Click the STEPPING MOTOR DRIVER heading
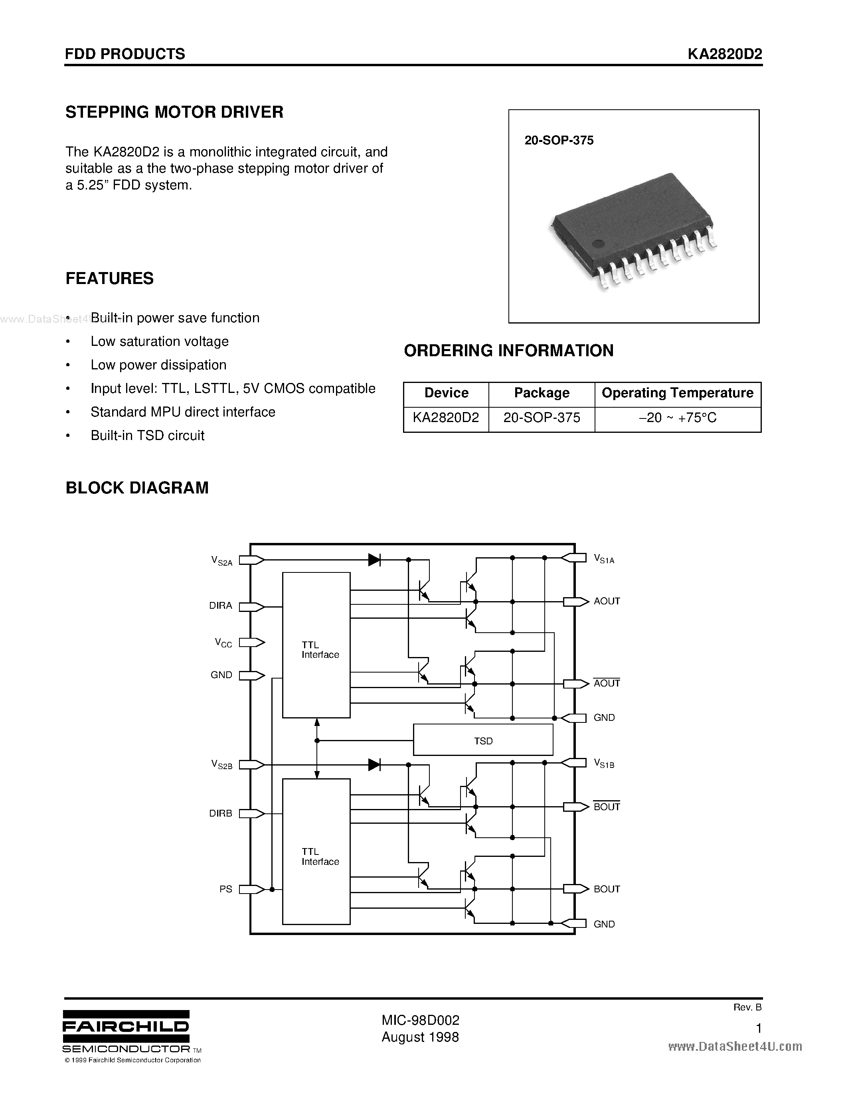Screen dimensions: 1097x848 click(174, 112)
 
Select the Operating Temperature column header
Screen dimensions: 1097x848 click(677, 393)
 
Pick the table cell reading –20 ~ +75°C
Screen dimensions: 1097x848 click(677, 417)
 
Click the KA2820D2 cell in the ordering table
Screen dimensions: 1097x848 click(446, 417)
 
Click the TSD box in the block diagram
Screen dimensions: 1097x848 click(483, 741)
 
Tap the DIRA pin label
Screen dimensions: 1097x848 click(221, 606)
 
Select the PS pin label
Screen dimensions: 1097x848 click(225, 889)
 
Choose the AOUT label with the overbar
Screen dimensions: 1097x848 click(606, 683)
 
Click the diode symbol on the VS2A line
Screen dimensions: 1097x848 click(374, 560)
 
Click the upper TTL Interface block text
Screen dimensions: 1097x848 click(320, 649)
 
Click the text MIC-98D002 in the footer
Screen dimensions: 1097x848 click(420, 1020)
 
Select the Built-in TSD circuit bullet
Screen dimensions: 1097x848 click(147, 436)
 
